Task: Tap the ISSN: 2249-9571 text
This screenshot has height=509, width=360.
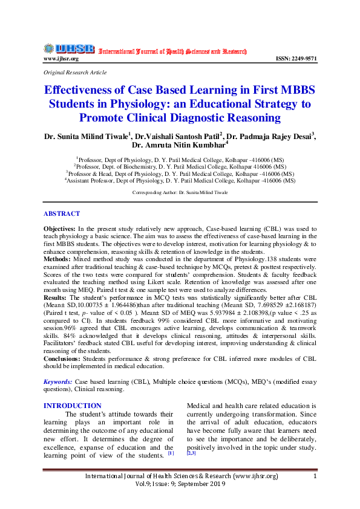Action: (296, 59)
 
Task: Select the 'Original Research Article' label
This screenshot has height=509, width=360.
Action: (75, 72)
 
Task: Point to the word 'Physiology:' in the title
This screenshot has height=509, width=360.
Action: (169, 103)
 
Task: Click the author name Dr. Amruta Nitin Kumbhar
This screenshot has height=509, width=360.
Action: (179, 145)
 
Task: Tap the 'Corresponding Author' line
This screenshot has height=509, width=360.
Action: (180, 192)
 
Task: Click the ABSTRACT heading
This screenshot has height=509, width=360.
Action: (61, 214)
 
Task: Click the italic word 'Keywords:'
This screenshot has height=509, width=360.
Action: (58, 382)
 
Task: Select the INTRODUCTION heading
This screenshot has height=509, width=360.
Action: (73, 406)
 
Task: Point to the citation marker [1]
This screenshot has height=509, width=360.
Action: (171, 453)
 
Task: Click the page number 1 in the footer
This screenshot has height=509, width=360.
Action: (315, 476)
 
